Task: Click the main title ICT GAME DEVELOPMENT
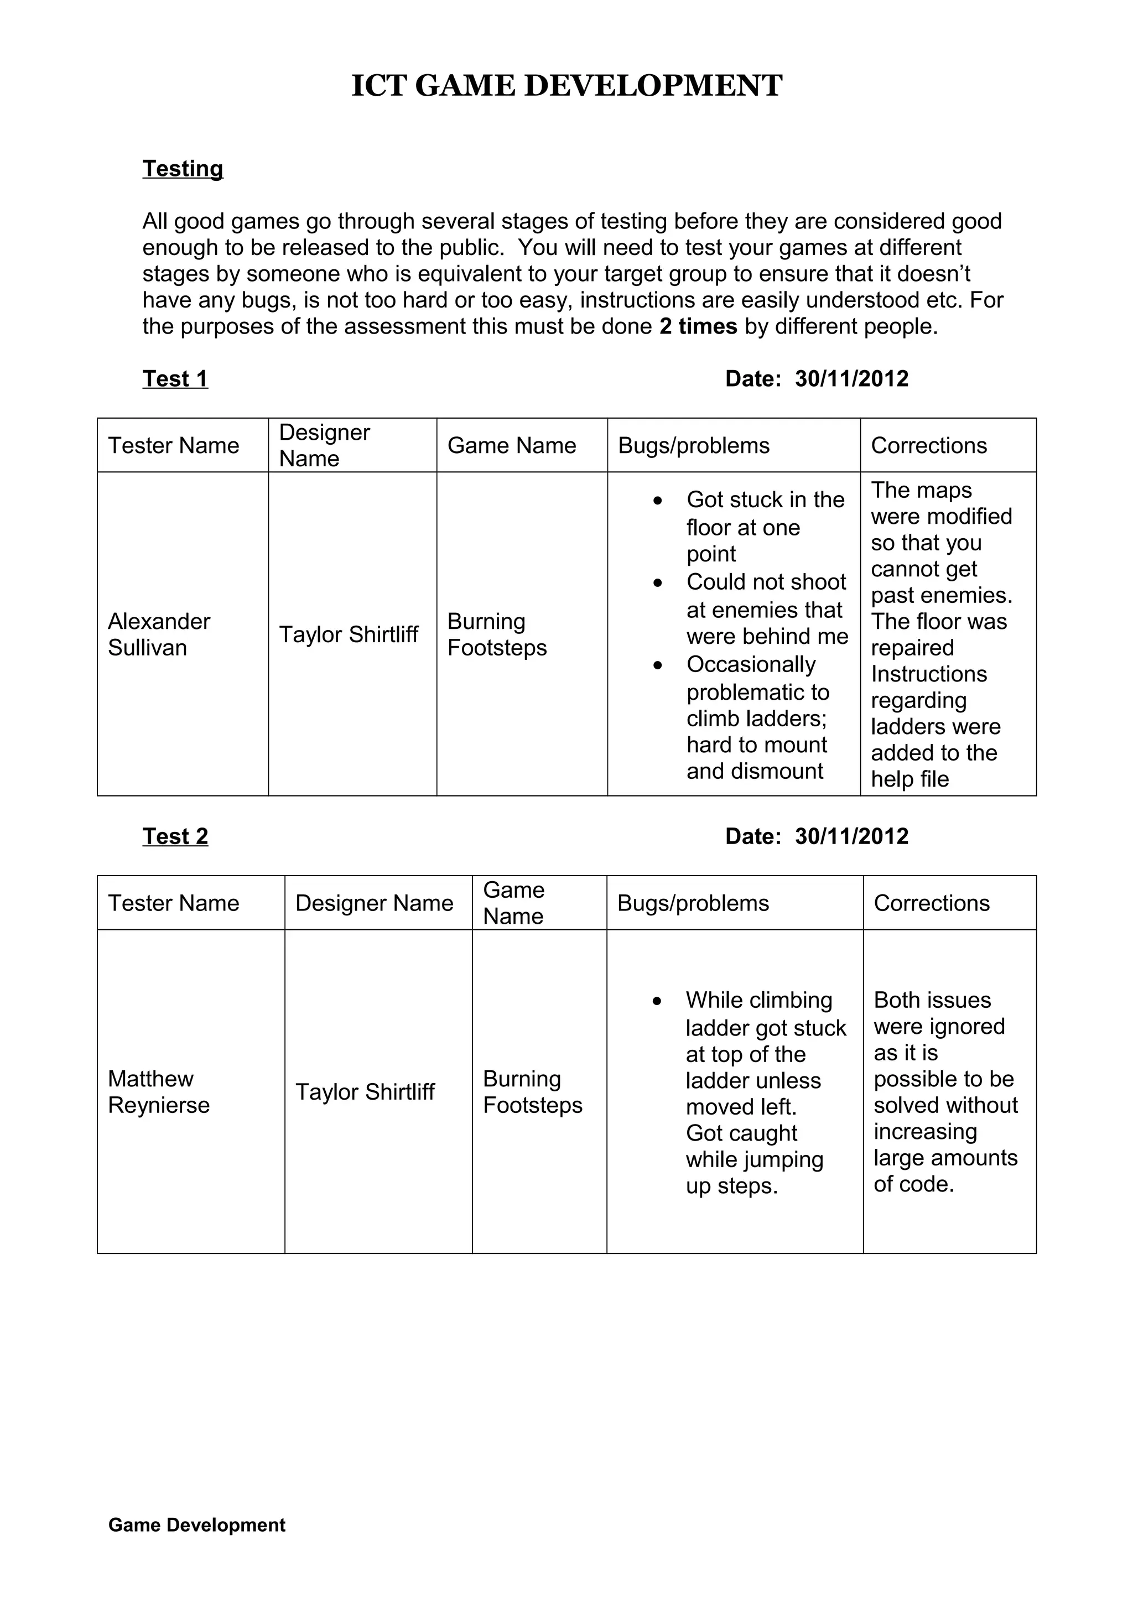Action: [x=566, y=86]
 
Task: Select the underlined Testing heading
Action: [x=183, y=168]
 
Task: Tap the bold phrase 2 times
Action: [x=698, y=326]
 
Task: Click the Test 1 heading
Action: [x=175, y=378]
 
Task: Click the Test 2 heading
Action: [x=175, y=836]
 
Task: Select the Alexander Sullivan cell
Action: [x=159, y=634]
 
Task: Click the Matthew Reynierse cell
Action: [x=159, y=1091]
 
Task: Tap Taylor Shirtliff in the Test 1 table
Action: [x=349, y=634]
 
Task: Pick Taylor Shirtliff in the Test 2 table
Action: [x=365, y=1091]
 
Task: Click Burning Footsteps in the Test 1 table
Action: [x=496, y=634]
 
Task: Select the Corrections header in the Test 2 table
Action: [x=931, y=903]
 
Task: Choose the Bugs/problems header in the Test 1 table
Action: [x=693, y=445]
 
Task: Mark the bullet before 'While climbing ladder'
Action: [x=657, y=1001]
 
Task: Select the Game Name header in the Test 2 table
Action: [x=514, y=903]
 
